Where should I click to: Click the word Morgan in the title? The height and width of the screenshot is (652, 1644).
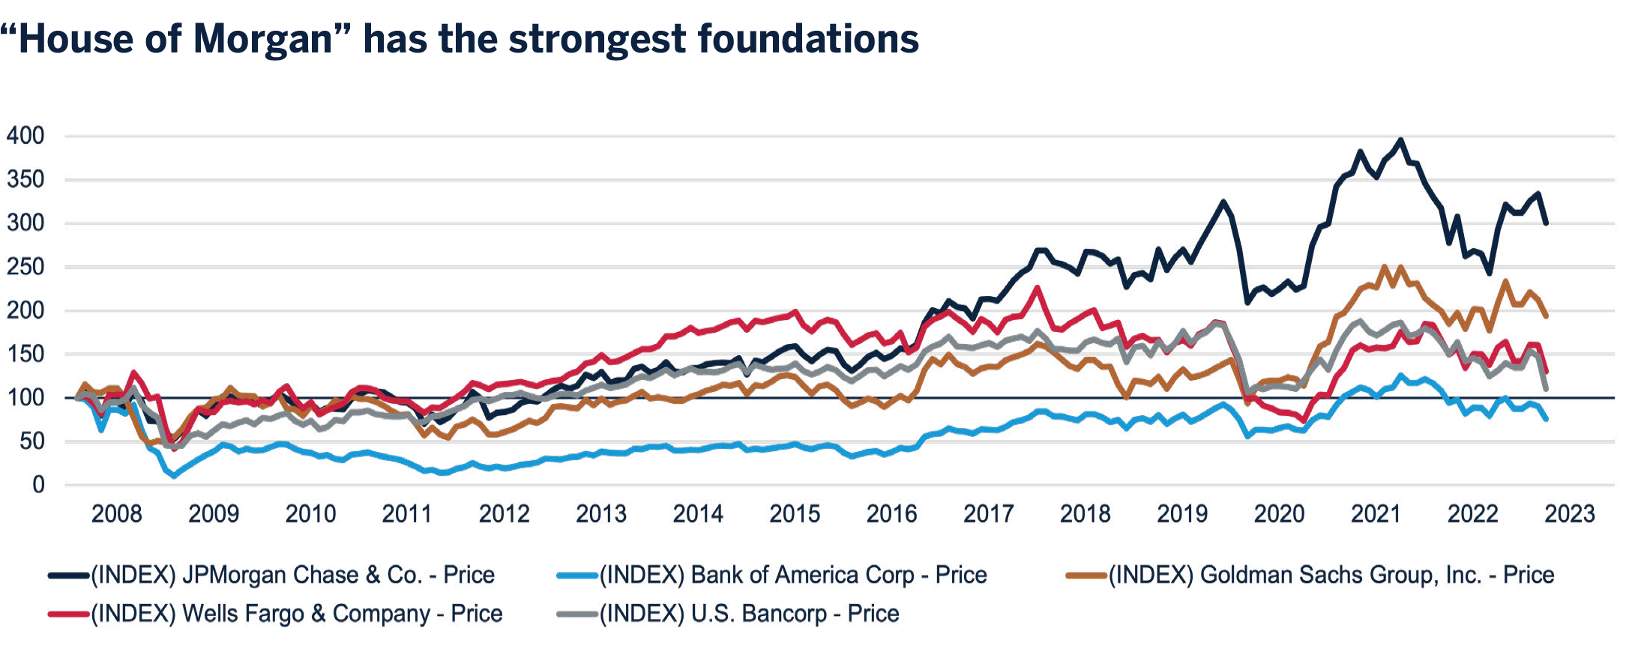point(262,40)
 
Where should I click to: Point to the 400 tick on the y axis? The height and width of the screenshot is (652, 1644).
point(25,136)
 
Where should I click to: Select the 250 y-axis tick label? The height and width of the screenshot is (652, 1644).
point(25,267)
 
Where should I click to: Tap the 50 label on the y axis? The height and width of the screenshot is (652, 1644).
point(31,441)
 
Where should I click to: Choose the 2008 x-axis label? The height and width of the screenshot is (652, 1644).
point(116,514)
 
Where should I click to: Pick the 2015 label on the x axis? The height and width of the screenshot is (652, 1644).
point(795,514)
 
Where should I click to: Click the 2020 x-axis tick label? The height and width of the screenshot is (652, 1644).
point(1279,514)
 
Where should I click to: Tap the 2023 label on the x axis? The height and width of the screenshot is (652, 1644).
point(1569,514)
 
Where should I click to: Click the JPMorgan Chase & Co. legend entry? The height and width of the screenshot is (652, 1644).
point(292,576)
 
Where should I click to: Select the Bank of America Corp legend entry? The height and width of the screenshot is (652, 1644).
point(793,576)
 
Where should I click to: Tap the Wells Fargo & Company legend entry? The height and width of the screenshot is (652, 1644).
point(297,614)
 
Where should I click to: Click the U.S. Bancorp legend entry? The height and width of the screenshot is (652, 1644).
point(750,614)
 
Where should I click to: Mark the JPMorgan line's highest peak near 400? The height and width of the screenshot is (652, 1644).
point(1400,139)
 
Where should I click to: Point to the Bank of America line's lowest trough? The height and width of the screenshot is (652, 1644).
point(174,476)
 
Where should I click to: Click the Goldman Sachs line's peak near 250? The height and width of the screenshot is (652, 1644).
point(1384,266)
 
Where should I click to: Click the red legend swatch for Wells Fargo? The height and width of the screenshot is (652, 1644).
point(69,615)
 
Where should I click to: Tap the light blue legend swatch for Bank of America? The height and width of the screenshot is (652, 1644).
point(577,576)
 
